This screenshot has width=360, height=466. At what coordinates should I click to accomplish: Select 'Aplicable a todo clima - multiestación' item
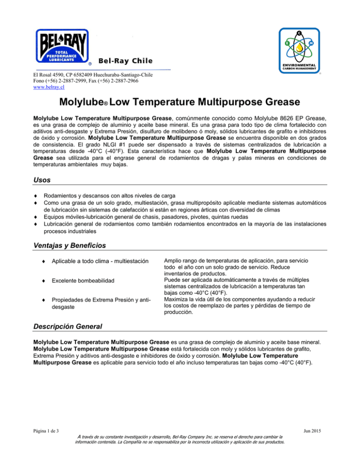[100, 261]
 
